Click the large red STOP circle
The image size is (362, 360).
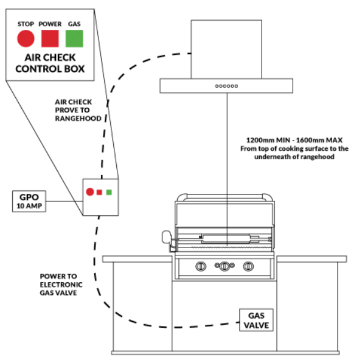pos(26,38)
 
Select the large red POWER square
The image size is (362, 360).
pos(50,38)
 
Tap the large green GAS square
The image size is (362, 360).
pos(74,38)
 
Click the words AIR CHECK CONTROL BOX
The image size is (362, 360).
pos(50,63)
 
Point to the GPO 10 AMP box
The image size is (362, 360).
pos(29,201)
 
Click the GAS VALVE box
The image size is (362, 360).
pos(256,320)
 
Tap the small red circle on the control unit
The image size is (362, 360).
pos(90,192)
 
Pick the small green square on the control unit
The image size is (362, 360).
pos(109,192)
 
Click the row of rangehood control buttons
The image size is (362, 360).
pos(226,86)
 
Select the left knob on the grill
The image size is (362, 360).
pos(201,266)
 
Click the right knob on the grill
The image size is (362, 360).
pos(248,266)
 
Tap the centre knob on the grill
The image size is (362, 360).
pos(225,266)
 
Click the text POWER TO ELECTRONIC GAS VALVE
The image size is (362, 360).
pos(61,285)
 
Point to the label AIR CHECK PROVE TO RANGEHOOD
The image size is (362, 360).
pos(78,110)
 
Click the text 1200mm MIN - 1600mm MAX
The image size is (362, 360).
pos(294,140)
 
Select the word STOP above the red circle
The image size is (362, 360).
pos(26,24)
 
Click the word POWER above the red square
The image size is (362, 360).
pos(50,24)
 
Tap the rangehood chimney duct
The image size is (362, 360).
pos(226,49)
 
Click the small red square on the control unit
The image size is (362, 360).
pos(99,192)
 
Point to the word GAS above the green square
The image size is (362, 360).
pos(74,24)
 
